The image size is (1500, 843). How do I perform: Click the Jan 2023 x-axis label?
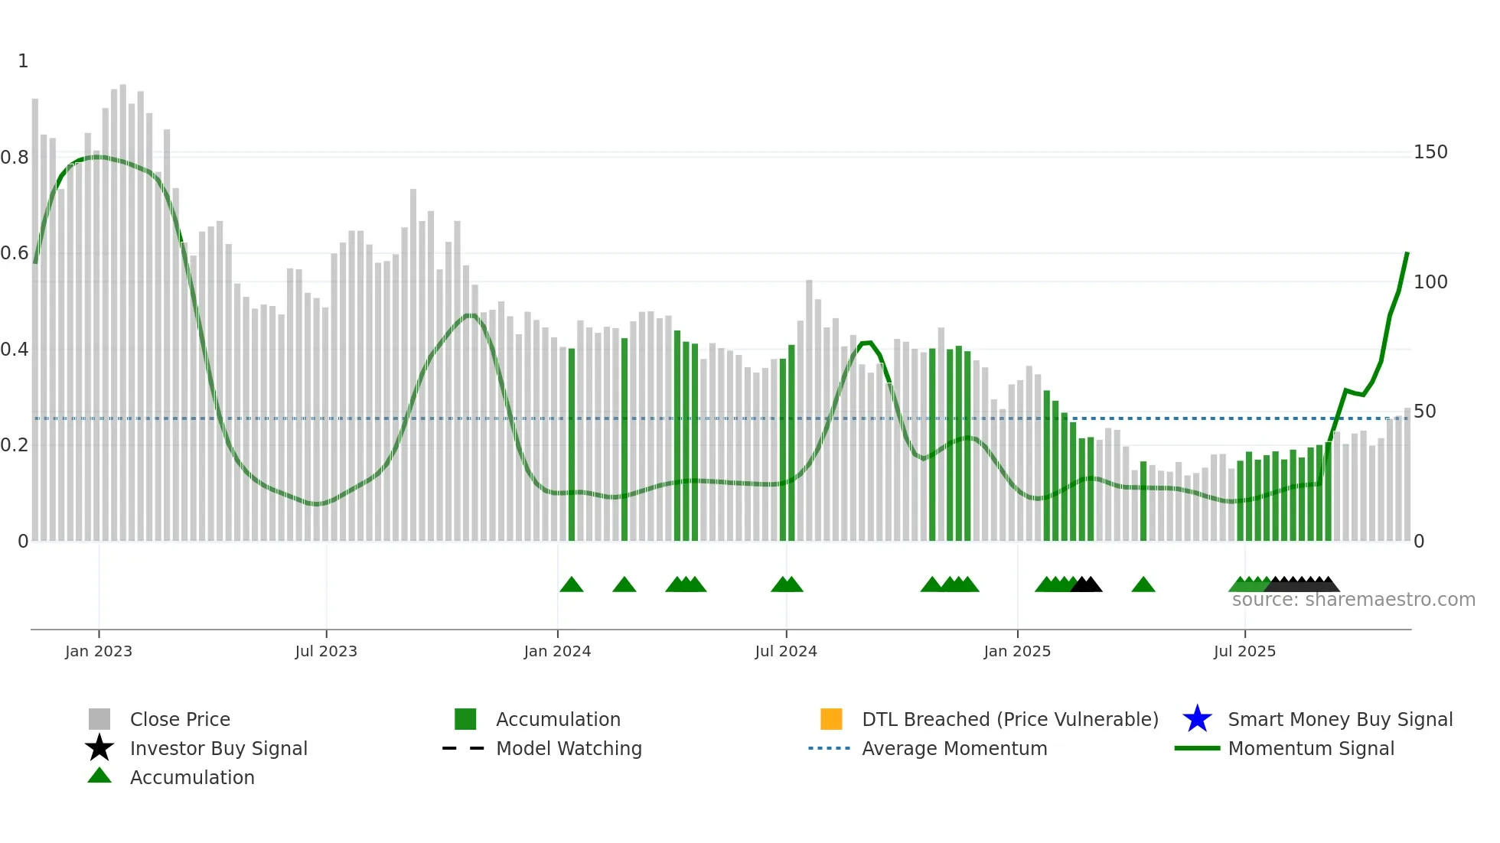pyautogui.click(x=98, y=651)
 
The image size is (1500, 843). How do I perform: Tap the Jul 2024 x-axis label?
pyautogui.click(x=785, y=651)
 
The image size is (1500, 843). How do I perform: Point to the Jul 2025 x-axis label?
pyautogui.click(x=1244, y=651)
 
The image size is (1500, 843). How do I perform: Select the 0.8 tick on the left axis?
pyautogui.click(x=15, y=158)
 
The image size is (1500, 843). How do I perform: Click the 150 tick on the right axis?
pyautogui.click(x=1430, y=152)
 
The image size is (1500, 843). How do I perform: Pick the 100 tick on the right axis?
pyautogui.click(x=1430, y=282)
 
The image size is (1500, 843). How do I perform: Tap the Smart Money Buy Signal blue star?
pyautogui.click(x=1197, y=719)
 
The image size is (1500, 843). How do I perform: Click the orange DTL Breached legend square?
pyautogui.click(x=831, y=719)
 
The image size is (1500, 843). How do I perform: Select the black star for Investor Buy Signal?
pyautogui.click(x=99, y=748)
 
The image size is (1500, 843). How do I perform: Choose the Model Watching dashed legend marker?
pyautogui.click(x=463, y=748)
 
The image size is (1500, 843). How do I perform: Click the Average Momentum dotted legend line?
pyautogui.click(x=829, y=748)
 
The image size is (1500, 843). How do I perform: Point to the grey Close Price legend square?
pyautogui.click(x=99, y=719)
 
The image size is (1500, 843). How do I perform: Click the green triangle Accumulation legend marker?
pyautogui.click(x=99, y=776)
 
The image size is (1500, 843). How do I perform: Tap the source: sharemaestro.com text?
pyautogui.click(x=1353, y=600)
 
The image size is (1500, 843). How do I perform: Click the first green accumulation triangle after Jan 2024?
pyautogui.click(x=572, y=585)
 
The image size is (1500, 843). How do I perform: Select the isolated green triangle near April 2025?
pyautogui.click(x=1143, y=585)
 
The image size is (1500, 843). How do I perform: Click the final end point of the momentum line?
pyautogui.click(x=1407, y=252)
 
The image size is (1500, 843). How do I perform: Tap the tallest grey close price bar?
pyautogui.click(x=122, y=306)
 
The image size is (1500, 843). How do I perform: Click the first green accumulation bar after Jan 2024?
pyautogui.click(x=572, y=444)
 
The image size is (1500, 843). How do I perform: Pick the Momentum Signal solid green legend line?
pyautogui.click(x=1197, y=748)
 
